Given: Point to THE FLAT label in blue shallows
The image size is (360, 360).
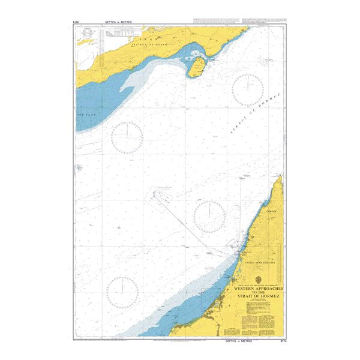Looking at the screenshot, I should tap(82, 113).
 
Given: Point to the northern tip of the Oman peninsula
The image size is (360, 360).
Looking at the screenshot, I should tap(280, 178).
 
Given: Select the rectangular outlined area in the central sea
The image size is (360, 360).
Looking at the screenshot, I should tap(159, 198).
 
